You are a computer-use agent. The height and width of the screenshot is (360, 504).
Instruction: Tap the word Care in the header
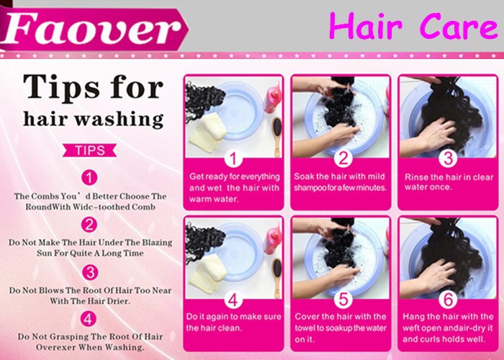point(459,27)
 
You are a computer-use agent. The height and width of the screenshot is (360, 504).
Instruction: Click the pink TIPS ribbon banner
point(90,150)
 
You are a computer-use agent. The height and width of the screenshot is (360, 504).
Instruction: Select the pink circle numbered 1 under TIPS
point(89,177)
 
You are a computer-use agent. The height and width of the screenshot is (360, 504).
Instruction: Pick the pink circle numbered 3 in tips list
point(90,273)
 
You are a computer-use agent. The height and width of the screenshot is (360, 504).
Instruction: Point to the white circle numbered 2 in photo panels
point(343,158)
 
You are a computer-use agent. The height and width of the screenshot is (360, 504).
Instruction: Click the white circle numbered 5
point(343,300)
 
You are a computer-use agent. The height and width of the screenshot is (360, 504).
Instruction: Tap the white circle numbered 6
point(448,300)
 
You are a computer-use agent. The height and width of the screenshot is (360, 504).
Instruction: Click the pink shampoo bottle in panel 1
point(273,97)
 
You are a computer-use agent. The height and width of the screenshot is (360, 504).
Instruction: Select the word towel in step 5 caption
point(305,328)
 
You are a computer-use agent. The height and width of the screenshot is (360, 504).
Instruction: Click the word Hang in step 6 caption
point(413,317)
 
